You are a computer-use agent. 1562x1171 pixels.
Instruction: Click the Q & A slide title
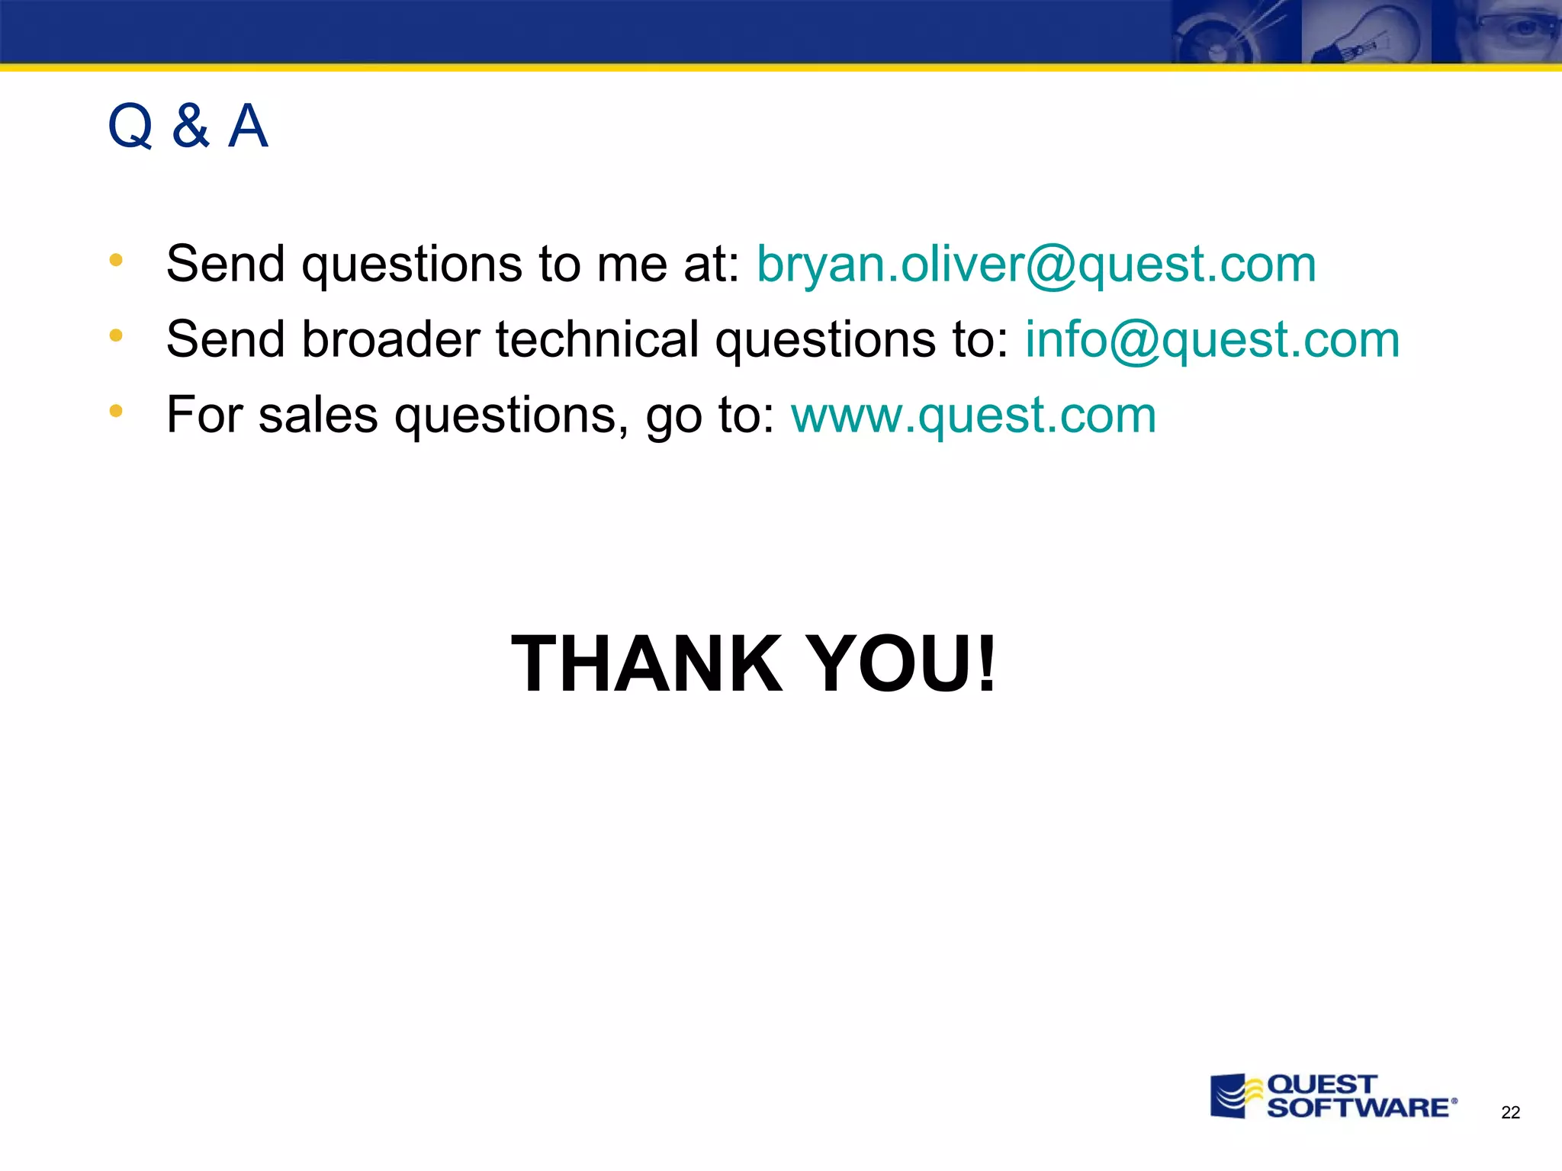point(188,126)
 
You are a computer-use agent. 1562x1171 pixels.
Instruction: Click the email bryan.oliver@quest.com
point(1036,264)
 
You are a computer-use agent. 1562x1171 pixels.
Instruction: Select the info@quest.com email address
point(1212,339)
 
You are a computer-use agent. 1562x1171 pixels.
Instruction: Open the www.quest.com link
point(973,415)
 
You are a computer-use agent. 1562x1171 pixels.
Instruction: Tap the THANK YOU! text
point(754,663)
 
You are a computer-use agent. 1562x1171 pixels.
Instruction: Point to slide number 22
point(1510,1113)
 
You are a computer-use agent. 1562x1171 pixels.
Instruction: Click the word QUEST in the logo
point(1322,1084)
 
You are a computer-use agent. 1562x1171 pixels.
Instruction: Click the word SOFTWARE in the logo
point(1358,1108)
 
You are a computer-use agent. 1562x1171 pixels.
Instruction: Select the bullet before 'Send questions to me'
point(116,260)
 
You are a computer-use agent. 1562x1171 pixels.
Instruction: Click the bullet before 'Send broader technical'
point(116,335)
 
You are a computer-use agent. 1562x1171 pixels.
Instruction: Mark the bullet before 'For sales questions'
point(116,412)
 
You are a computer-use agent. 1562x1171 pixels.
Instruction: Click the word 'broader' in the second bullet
point(391,339)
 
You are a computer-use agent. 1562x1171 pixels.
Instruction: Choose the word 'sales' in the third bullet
point(318,416)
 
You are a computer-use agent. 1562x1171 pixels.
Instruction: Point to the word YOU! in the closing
point(900,663)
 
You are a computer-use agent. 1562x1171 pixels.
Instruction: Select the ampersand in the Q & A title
point(190,126)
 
